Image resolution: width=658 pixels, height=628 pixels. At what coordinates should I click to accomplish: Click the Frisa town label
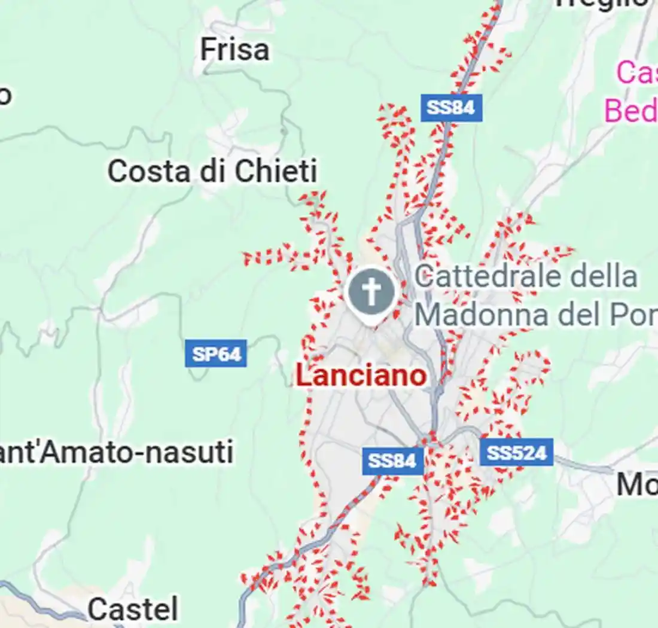click(234, 50)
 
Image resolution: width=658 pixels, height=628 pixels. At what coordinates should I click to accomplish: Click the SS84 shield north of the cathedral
click(451, 108)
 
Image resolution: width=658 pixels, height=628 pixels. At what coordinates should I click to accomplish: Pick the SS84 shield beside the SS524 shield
click(392, 461)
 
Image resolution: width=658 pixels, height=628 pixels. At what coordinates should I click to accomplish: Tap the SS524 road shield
click(516, 453)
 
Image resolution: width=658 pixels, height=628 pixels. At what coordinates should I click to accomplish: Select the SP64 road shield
click(216, 354)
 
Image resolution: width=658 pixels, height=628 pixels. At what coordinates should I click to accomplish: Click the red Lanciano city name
click(361, 376)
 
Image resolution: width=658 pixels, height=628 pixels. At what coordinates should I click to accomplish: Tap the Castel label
click(133, 609)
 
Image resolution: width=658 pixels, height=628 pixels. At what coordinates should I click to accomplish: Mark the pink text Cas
click(636, 73)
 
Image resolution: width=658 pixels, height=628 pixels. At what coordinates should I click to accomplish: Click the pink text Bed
click(630, 111)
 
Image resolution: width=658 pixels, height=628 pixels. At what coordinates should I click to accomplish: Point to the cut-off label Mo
click(636, 485)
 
